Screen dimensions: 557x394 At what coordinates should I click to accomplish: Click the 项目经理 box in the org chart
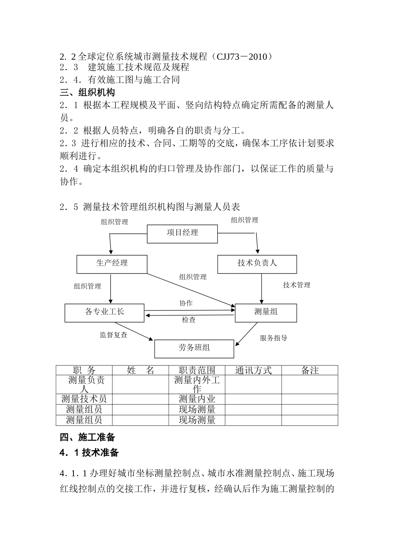click(x=182, y=234)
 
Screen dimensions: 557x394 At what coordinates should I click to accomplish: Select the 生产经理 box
click(x=112, y=264)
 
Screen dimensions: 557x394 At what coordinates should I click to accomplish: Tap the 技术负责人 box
click(x=257, y=264)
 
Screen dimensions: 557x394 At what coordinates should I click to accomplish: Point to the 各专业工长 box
click(x=105, y=312)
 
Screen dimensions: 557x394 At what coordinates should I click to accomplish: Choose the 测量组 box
click(x=266, y=312)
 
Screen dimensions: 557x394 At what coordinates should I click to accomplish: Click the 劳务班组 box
click(x=194, y=349)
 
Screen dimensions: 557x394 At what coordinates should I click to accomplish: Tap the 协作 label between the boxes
click(x=186, y=303)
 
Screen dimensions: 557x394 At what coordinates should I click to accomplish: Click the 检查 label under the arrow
click(x=189, y=320)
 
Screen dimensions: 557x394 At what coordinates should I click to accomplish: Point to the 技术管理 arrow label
click(x=297, y=285)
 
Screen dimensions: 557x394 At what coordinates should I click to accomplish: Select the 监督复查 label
click(x=114, y=335)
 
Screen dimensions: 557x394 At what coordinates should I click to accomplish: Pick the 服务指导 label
click(x=274, y=338)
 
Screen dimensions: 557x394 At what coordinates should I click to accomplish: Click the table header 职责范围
click(x=197, y=371)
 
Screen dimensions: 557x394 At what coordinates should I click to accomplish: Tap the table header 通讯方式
click(x=253, y=371)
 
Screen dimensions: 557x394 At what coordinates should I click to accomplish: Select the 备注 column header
click(x=310, y=371)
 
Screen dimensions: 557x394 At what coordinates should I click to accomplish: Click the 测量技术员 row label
click(x=84, y=399)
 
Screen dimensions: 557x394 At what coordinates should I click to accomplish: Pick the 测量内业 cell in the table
click(x=197, y=399)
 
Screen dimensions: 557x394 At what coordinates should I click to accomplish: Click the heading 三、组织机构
click(x=88, y=92)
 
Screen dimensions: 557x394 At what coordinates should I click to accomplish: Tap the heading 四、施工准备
click(x=88, y=437)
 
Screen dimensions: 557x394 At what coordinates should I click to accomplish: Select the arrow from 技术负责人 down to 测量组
click(x=261, y=288)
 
